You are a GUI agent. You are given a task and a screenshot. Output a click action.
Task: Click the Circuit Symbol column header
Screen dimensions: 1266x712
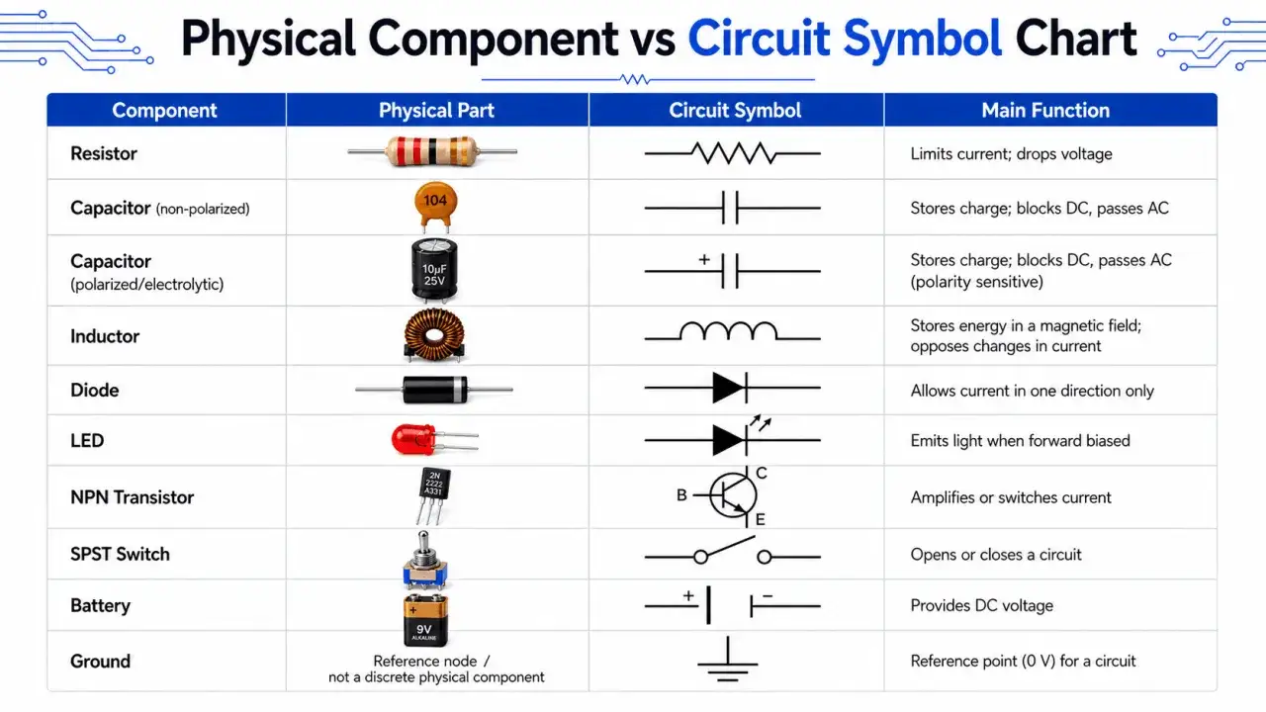click(x=735, y=110)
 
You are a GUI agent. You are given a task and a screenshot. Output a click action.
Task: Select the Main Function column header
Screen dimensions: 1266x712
click(x=1045, y=110)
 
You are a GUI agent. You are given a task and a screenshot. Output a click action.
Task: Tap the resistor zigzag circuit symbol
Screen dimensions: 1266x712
click(x=733, y=153)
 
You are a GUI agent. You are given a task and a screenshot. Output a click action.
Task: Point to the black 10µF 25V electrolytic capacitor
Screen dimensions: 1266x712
click(x=434, y=270)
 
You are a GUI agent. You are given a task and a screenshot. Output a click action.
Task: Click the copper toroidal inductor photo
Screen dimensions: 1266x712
click(x=434, y=335)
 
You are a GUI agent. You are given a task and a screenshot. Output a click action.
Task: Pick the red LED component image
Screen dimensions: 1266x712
click(x=434, y=440)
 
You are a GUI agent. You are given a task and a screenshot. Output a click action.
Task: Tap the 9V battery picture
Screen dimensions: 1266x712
click(x=425, y=620)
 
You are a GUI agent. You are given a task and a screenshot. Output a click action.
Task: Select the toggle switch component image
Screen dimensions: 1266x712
click(x=425, y=560)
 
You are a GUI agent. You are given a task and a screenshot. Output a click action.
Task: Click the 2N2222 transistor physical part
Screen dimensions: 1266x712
click(x=433, y=495)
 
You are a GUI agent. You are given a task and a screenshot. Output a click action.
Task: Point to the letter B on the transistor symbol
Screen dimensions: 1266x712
click(x=681, y=495)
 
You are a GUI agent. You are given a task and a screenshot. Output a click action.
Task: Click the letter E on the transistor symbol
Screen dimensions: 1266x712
click(x=761, y=519)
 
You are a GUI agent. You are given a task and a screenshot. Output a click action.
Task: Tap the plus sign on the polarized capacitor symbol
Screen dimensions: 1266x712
click(x=703, y=259)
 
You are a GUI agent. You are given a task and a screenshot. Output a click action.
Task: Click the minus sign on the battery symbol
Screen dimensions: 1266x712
click(x=767, y=595)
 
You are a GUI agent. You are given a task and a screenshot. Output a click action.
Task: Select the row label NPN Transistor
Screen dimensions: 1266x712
click(x=132, y=497)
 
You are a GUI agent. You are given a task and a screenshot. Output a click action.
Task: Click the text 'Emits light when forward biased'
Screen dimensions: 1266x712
click(x=1020, y=441)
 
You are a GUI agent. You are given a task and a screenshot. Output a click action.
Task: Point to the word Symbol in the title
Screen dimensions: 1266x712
click(x=923, y=39)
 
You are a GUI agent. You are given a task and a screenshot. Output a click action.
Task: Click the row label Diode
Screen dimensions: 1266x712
click(x=94, y=390)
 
